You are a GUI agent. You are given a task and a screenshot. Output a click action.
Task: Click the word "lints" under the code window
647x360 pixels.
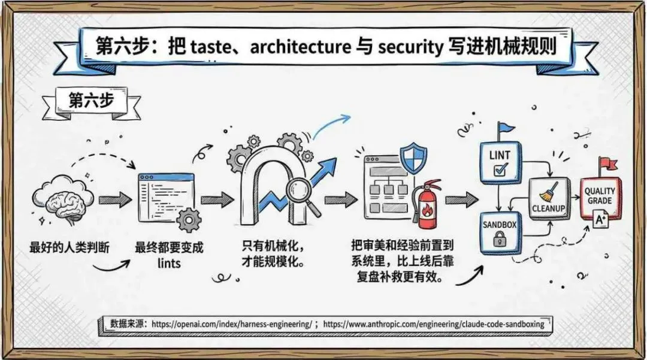coord(170,264)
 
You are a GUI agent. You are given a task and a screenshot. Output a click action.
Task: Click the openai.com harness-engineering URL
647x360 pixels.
coord(231,324)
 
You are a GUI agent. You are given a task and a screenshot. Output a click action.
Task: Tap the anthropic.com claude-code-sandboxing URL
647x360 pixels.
coord(434,324)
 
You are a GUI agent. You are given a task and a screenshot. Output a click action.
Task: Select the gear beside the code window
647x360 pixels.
coord(189,219)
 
